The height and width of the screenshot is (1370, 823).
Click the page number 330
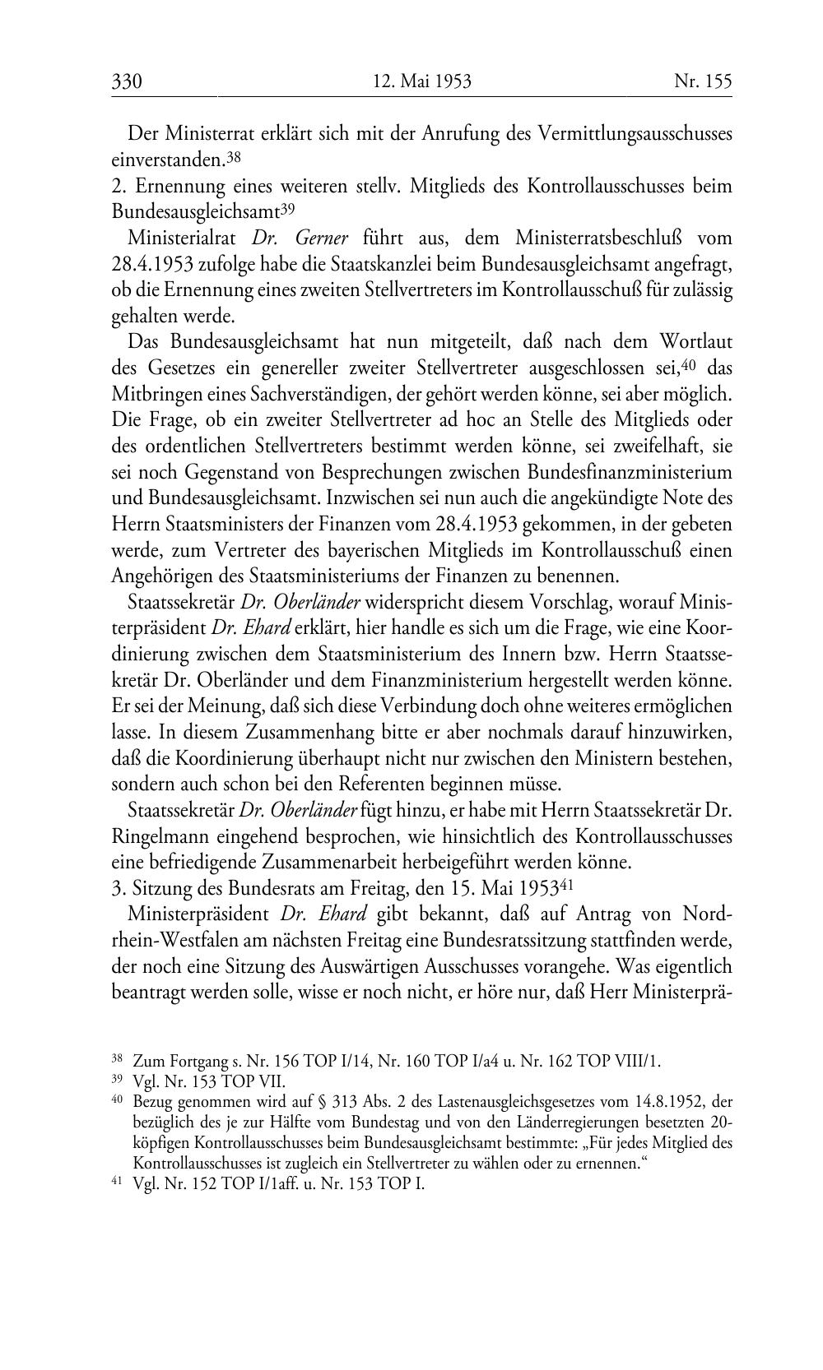pos(127,81)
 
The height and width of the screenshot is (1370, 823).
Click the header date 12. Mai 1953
pos(421,81)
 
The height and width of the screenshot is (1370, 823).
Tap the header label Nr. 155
pos(702,81)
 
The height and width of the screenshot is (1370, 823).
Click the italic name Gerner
pos(321,238)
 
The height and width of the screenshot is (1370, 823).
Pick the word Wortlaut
pos(694,341)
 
